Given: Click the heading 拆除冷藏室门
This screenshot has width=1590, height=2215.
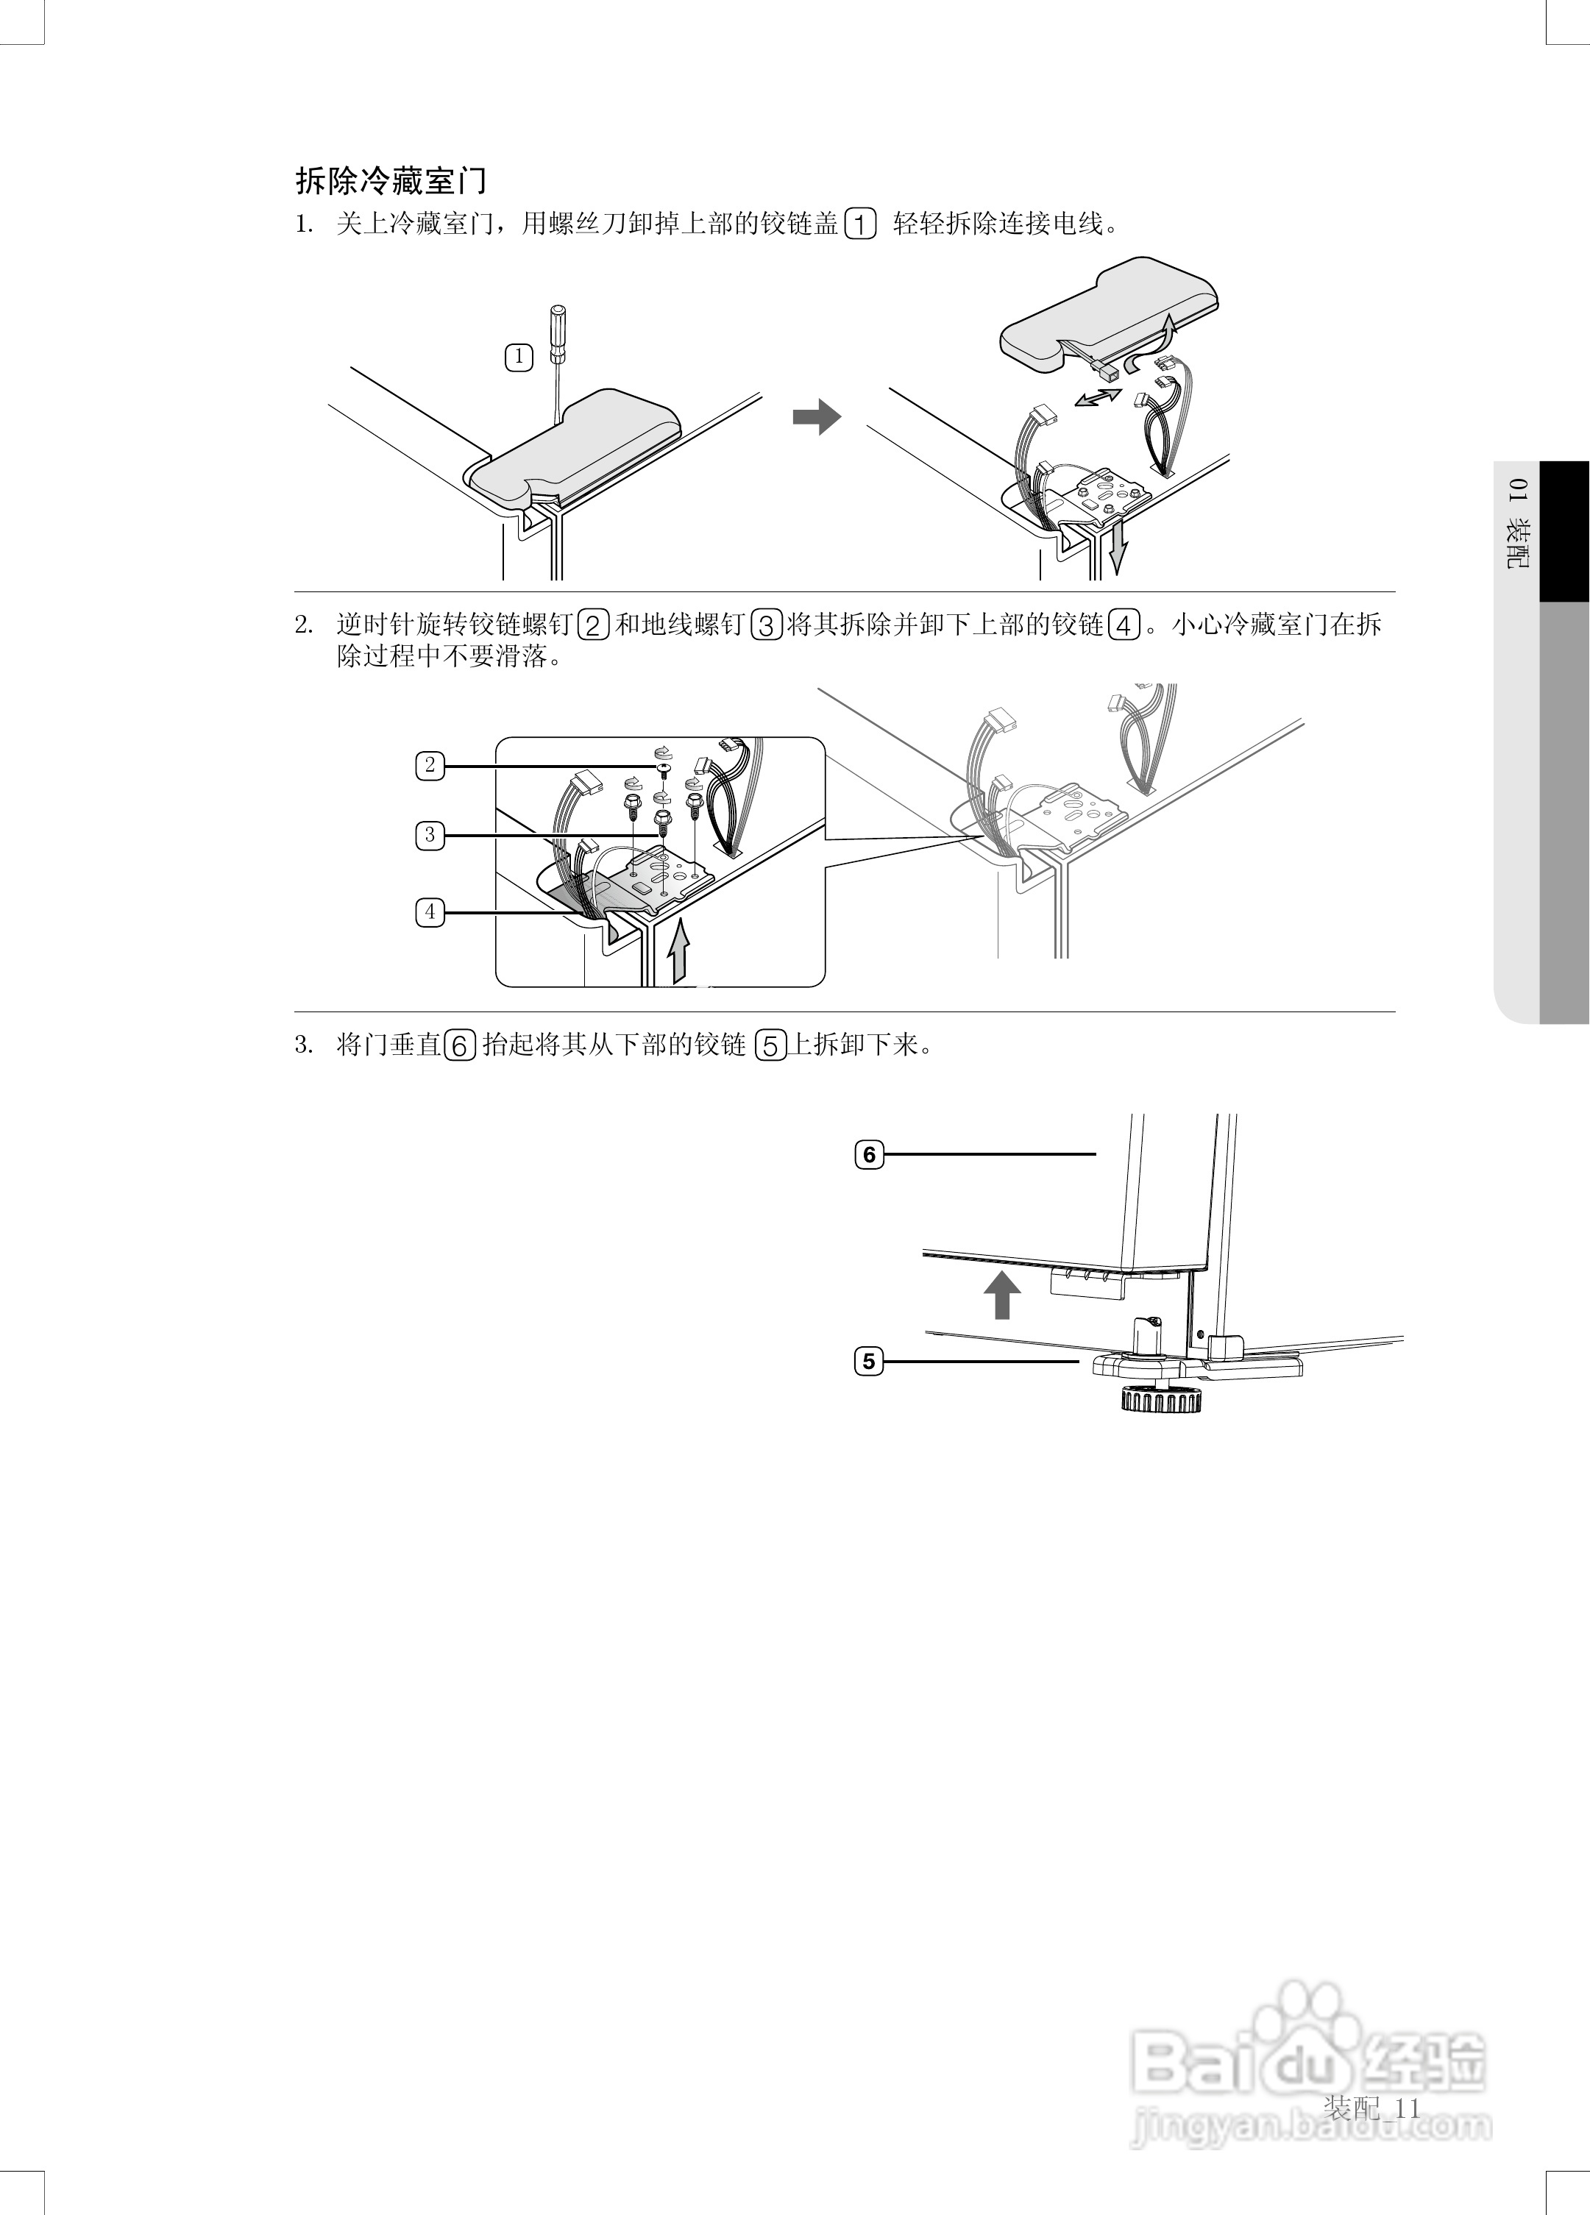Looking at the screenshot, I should click(x=391, y=181).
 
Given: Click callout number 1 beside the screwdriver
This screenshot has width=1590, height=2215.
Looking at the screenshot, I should click(x=519, y=358).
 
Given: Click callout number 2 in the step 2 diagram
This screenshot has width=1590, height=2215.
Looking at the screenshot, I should click(x=430, y=765).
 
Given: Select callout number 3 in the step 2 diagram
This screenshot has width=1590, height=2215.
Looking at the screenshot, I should click(x=430, y=835).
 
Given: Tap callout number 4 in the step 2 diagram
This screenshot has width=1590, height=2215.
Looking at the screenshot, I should click(x=430, y=912).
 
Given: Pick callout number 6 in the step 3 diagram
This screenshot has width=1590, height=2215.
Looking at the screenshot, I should click(x=869, y=1154).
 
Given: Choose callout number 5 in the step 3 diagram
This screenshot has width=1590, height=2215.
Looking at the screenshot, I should click(x=869, y=1360).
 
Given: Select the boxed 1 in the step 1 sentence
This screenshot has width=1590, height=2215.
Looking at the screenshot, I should click(x=859, y=224).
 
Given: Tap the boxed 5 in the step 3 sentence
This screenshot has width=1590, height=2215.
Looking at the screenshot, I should click(x=770, y=1046).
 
